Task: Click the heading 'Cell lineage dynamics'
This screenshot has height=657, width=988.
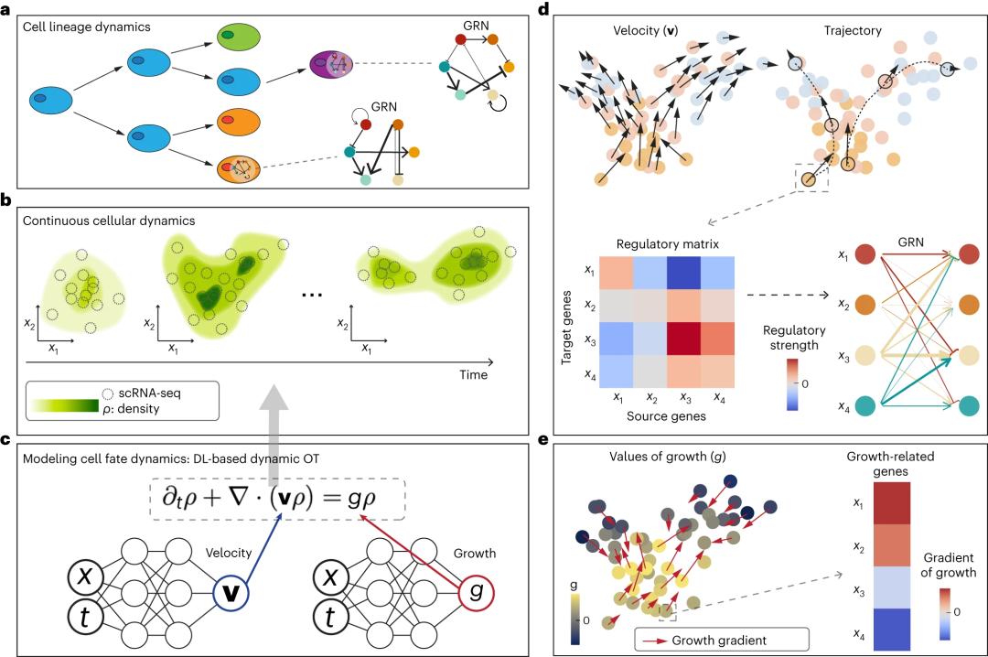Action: click(89, 27)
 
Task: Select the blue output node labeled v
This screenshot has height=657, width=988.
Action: click(231, 593)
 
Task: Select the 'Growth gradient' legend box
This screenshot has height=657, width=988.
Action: click(720, 640)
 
